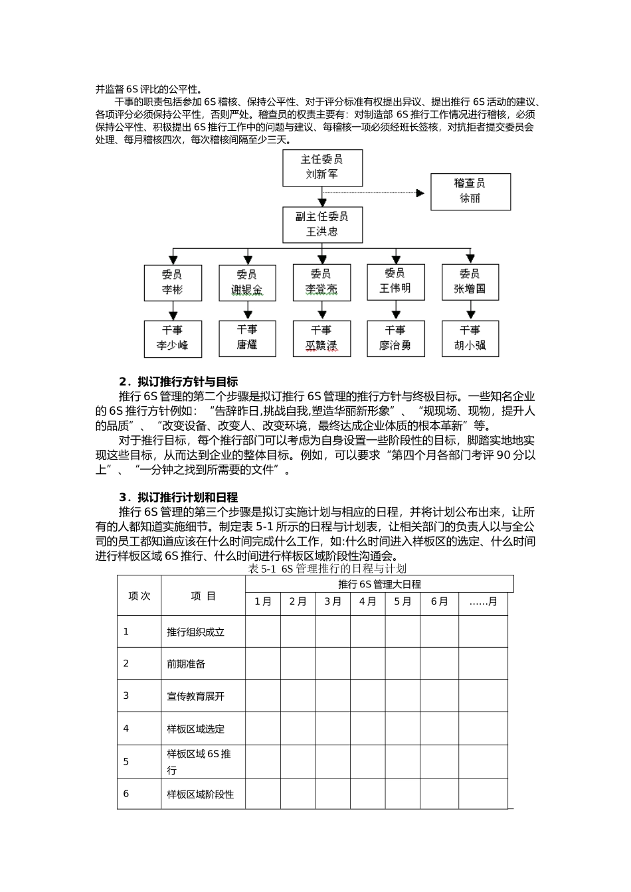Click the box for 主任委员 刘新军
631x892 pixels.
tap(322, 167)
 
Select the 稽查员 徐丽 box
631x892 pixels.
tap(470, 191)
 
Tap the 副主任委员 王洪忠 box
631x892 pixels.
tap(322, 224)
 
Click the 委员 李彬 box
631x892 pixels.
tap(173, 283)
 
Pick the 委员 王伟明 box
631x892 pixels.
tap(396, 281)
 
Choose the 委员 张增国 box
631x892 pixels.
tap(470, 282)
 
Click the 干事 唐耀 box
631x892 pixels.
tap(247, 338)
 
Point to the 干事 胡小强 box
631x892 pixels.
tap(470, 338)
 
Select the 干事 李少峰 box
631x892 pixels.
tap(173, 338)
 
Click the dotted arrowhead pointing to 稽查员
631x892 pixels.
tap(420, 193)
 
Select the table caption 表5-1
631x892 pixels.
tap(326, 569)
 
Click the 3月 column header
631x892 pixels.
tap(333, 602)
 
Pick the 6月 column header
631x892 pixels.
tap(439, 602)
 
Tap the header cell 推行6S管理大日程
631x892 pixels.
tap(379, 584)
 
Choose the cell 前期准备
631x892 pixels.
tap(186, 664)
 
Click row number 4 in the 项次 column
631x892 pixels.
tap(126, 729)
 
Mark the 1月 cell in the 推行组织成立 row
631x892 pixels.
tap(263, 632)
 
